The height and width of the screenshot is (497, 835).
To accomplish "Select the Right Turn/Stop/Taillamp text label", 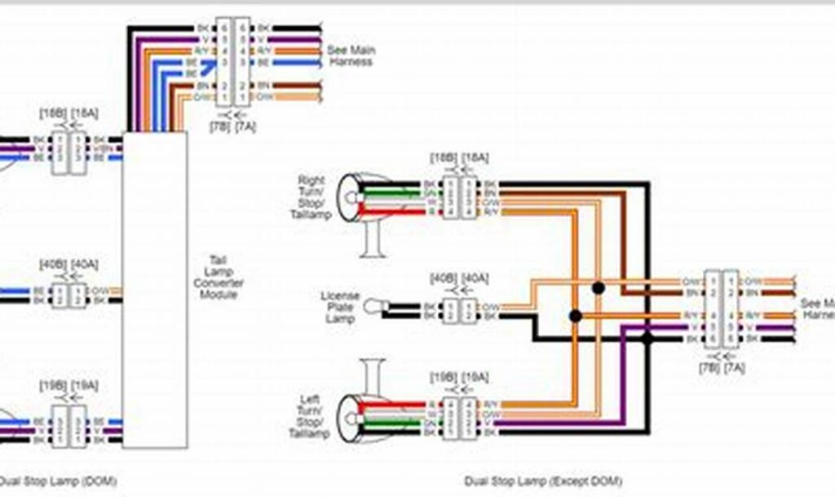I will click(x=310, y=197).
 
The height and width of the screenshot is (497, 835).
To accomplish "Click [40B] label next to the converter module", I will click(x=52, y=264).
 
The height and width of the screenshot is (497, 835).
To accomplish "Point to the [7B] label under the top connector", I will click(x=219, y=126).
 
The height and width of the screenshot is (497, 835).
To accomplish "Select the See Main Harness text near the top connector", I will click(x=351, y=55).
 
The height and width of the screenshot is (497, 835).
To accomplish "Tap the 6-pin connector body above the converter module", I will click(x=231, y=61).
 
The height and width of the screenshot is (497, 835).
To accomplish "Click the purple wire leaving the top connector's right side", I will click(x=285, y=38).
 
